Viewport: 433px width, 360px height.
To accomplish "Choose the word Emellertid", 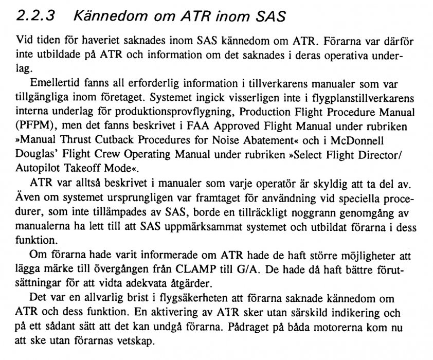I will pyautogui.click(x=53, y=84).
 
